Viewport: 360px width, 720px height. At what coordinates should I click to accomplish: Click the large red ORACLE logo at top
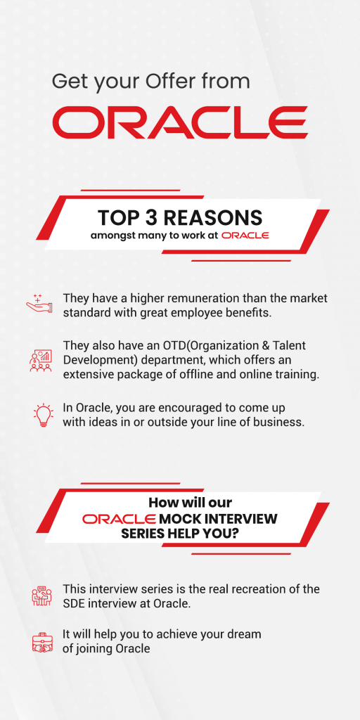(x=179, y=122)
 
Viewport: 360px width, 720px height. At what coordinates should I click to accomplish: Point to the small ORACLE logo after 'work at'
(x=245, y=236)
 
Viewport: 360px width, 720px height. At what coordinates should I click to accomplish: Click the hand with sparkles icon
(x=39, y=304)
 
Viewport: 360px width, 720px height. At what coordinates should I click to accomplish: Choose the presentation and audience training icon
(x=40, y=360)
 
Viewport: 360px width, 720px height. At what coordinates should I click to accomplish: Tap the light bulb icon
(x=44, y=415)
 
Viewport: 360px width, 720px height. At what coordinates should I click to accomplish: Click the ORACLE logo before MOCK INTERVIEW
(x=119, y=519)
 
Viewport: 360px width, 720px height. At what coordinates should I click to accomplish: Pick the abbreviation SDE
(x=72, y=603)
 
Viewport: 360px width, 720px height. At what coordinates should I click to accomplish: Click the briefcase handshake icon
(x=43, y=641)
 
